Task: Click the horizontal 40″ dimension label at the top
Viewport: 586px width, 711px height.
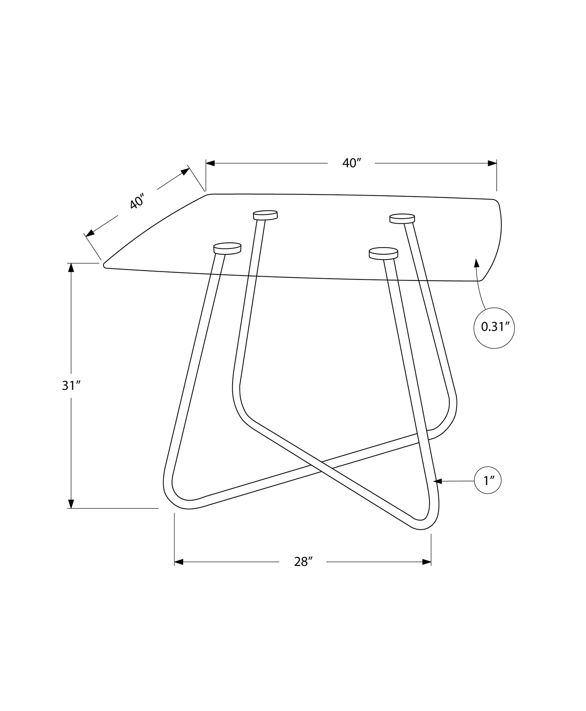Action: click(x=352, y=163)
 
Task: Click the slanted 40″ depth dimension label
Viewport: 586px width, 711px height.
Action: click(x=137, y=202)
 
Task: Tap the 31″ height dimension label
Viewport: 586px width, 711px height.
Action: click(x=72, y=385)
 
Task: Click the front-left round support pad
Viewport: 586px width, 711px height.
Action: click(x=227, y=248)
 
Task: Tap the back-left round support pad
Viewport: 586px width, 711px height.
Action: click(x=265, y=215)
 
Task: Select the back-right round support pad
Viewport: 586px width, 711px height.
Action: click(x=402, y=218)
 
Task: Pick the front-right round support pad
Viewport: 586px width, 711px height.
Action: click(x=383, y=253)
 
